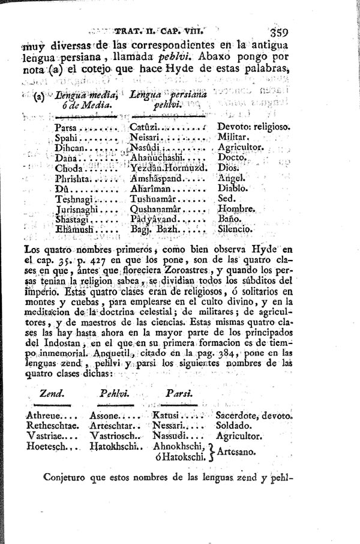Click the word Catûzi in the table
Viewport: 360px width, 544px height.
pos(143,127)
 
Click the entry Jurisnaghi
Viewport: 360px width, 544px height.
pos(77,209)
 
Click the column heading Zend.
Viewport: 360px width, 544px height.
pos(52,393)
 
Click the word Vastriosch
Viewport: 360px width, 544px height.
pos(115,435)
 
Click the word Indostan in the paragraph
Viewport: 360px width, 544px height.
pos(54,343)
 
